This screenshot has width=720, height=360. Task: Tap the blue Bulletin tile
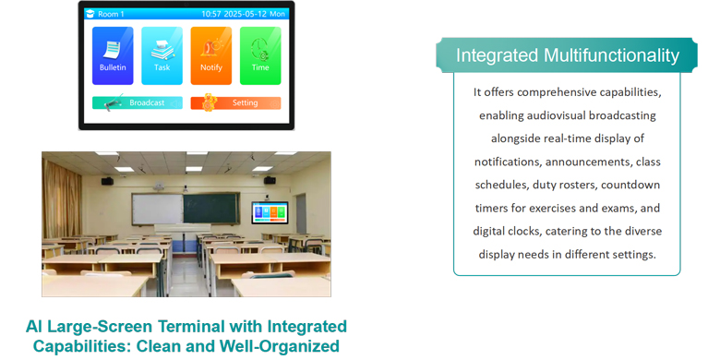coord(112,55)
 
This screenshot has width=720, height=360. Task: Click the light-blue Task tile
coord(162,55)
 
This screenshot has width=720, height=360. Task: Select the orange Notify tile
coord(210,55)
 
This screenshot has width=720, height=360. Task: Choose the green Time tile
coord(260,55)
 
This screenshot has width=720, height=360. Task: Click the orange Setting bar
coord(235,103)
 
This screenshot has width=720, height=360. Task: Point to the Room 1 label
coord(111,15)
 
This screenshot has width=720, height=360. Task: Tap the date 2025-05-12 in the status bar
coord(248,15)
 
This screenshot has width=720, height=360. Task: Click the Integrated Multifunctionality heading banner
coord(567,55)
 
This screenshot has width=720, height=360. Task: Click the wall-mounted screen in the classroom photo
coord(270,212)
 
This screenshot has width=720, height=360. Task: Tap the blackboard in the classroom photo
coord(185,208)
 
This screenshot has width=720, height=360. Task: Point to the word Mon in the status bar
coord(278,15)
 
